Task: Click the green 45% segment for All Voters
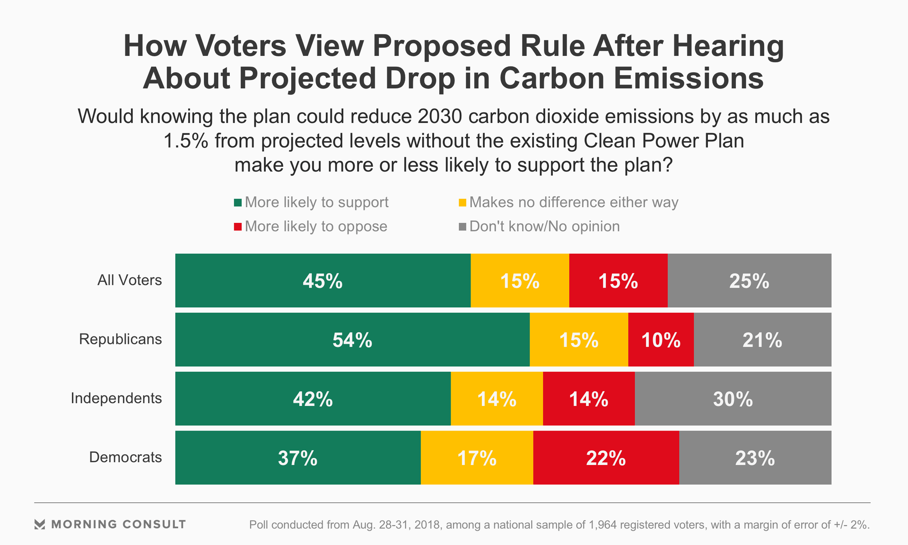tap(323, 281)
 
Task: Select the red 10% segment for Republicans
tap(661, 340)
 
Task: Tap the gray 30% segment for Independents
tap(733, 399)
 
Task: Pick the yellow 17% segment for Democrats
tap(477, 458)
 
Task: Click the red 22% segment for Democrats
tap(606, 458)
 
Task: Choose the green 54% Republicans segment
tap(352, 340)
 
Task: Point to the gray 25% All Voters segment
tap(749, 281)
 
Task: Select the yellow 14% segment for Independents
tap(497, 399)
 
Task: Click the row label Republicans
tap(120, 339)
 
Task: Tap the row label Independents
tap(116, 398)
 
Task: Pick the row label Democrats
tap(125, 457)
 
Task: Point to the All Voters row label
tap(130, 280)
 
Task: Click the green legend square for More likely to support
tap(238, 203)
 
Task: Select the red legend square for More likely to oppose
tap(238, 227)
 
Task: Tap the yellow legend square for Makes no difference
tap(463, 203)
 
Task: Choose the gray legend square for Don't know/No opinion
tap(463, 227)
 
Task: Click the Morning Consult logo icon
tap(40, 524)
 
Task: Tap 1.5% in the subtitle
tap(185, 141)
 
